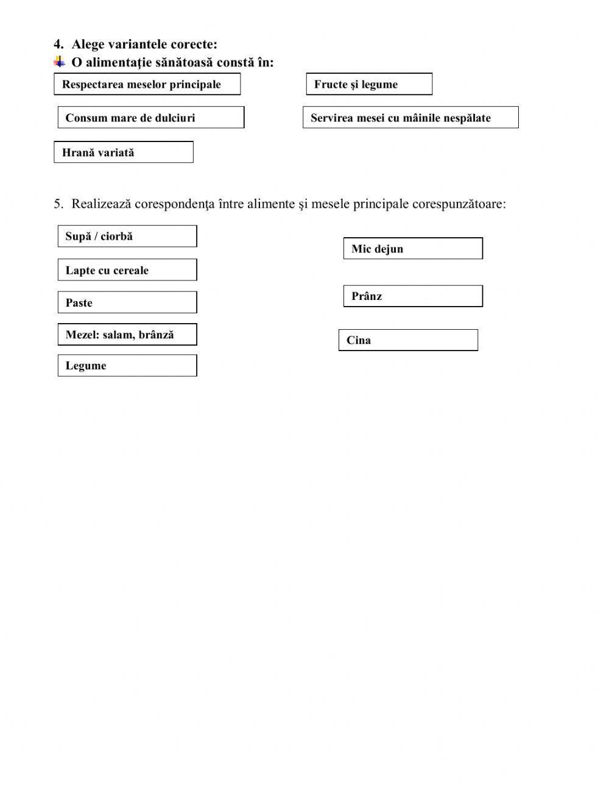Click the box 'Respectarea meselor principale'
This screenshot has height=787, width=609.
[147, 84]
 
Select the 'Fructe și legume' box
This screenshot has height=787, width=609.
[369, 84]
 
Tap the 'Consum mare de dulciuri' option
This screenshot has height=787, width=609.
[150, 118]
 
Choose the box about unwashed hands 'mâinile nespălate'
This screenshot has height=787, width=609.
[410, 118]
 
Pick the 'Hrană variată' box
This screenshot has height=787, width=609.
[123, 152]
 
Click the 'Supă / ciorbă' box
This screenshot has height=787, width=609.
[127, 236]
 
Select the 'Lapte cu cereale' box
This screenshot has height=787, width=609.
[127, 270]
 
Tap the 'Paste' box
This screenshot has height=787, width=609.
[127, 302]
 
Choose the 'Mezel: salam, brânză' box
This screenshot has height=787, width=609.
[127, 335]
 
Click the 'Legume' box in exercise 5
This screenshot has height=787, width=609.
[127, 366]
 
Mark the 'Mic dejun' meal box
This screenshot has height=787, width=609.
[413, 249]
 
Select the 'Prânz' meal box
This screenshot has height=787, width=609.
[413, 296]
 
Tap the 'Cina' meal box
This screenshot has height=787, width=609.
[408, 340]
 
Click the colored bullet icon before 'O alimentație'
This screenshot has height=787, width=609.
[59, 62]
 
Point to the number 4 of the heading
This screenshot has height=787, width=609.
[57, 44]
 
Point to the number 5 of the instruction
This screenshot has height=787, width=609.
[57, 204]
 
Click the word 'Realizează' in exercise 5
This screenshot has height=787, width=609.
[101, 204]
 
